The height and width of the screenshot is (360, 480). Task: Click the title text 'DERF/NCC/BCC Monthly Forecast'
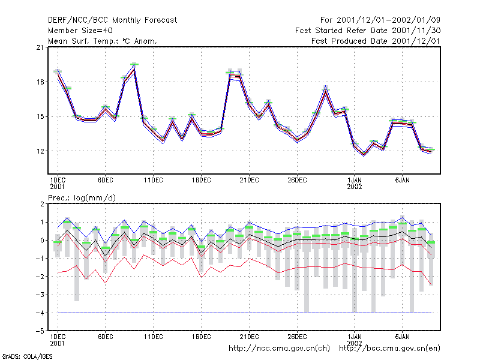click(x=112, y=20)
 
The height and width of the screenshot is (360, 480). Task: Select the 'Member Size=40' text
click(x=80, y=31)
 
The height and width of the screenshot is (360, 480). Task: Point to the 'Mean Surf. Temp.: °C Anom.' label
click(x=103, y=41)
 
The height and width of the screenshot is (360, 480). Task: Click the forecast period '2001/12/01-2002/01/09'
click(x=388, y=20)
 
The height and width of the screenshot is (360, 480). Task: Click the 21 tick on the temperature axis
click(x=40, y=47)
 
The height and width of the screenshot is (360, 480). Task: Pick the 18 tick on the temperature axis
click(x=40, y=82)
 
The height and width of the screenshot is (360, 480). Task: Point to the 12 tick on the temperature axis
click(x=40, y=151)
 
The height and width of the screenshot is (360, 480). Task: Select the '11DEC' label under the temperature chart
click(x=154, y=181)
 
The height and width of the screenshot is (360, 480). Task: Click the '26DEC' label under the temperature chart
click(x=297, y=181)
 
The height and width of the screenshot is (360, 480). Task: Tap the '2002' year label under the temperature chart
click(x=355, y=187)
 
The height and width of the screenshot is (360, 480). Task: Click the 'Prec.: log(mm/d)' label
click(x=82, y=198)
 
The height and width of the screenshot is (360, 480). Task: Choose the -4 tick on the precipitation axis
click(x=40, y=313)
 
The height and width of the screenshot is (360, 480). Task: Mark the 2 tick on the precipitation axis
click(x=42, y=204)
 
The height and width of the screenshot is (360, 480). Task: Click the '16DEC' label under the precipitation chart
click(x=202, y=337)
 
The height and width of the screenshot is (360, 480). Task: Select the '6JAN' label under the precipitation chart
click(x=402, y=337)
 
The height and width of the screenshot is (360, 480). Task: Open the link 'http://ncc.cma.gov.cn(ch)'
click(x=279, y=349)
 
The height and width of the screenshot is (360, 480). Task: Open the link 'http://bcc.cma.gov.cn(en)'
click(x=389, y=349)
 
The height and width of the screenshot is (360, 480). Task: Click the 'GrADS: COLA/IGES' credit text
click(x=27, y=356)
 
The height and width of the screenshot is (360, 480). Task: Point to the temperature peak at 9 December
click(x=134, y=68)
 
